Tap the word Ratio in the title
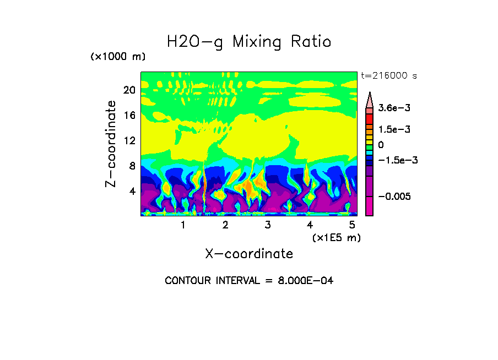click(312, 42)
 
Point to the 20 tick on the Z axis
click(129, 90)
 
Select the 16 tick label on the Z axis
click(129, 116)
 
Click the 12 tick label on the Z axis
click(129, 141)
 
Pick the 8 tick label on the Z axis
click(132, 166)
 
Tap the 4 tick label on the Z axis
click(132, 191)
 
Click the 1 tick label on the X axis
click(183, 225)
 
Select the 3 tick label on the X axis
click(267, 225)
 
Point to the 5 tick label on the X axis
click(352, 225)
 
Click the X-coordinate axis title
click(249, 254)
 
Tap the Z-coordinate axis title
click(111, 144)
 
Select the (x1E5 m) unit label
click(336, 238)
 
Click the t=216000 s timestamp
click(388, 76)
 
